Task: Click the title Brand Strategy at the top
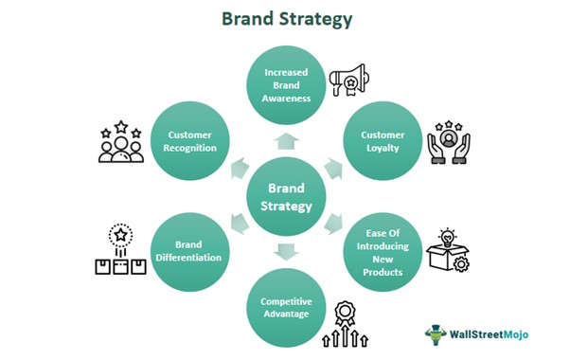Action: click(285, 18)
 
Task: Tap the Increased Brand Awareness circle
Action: click(285, 81)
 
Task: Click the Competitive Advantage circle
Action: click(285, 309)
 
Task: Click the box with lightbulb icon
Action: click(449, 252)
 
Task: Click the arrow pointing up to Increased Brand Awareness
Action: click(285, 141)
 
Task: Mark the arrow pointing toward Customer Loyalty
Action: click(332, 169)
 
